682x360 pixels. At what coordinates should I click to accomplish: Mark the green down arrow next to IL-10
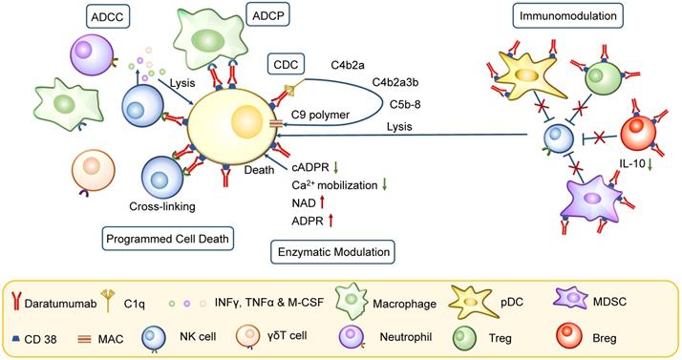(x=650, y=164)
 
